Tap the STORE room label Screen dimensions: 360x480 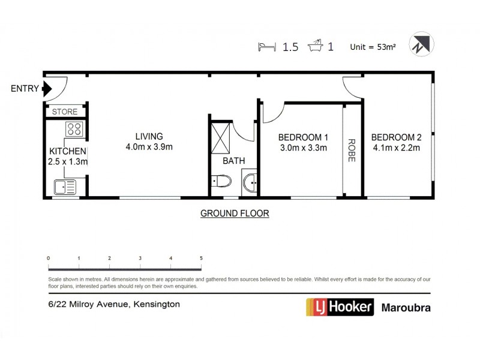coord(65,112)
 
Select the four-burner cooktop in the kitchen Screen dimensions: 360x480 coord(74,128)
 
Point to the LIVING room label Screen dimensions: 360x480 coord(149,136)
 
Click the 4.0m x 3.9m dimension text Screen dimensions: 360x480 coord(149,147)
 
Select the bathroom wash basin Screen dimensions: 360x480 coord(251,181)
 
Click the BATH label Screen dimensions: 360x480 coord(233,161)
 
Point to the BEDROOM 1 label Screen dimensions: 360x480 coord(303,136)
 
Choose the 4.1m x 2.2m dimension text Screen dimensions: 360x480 coord(396,147)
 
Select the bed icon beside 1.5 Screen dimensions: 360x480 coord(267,46)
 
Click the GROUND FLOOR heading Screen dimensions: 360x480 coord(234,213)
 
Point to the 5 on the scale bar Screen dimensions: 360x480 coord(201,257)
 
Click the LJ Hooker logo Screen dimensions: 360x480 coord(340,307)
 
